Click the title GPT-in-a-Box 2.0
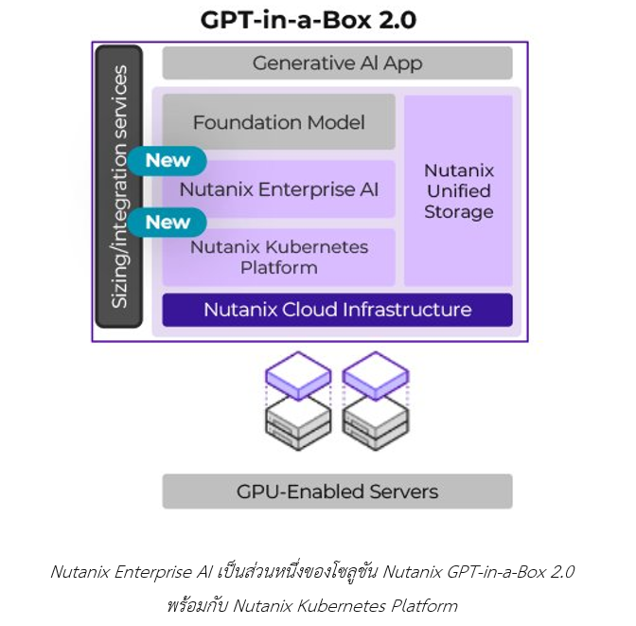(309, 20)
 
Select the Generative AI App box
(338, 63)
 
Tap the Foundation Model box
(278, 122)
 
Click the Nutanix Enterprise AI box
(278, 189)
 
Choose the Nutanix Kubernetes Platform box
(278, 258)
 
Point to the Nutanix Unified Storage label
(459, 190)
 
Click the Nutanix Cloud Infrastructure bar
(338, 310)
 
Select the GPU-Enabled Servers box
(338, 492)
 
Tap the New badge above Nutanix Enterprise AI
(168, 161)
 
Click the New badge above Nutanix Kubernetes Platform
(168, 223)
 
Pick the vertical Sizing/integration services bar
(119, 187)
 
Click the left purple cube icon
(298, 376)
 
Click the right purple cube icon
(376, 376)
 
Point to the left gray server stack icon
(298, 424)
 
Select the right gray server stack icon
(376, 424)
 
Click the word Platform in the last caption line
(424, 606)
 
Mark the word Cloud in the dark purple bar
(309, 310)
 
